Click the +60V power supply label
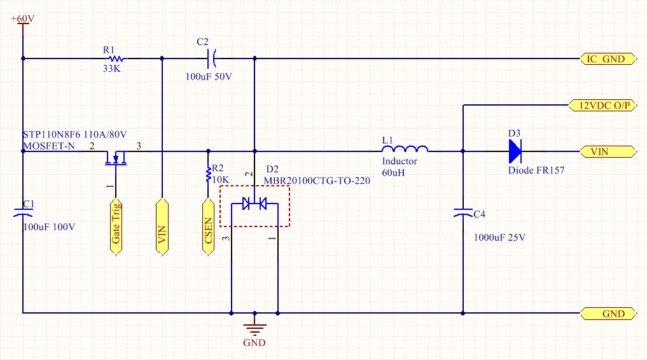click(22, 19)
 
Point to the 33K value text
click(112, 69)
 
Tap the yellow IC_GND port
click(608, 59)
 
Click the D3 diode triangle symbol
click(514, 151)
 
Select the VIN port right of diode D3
click(608, 151)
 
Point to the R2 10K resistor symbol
click(207, 173)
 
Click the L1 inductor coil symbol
click(405, 150)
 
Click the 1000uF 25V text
click(499, 238)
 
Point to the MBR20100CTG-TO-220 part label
click(317, 181)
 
